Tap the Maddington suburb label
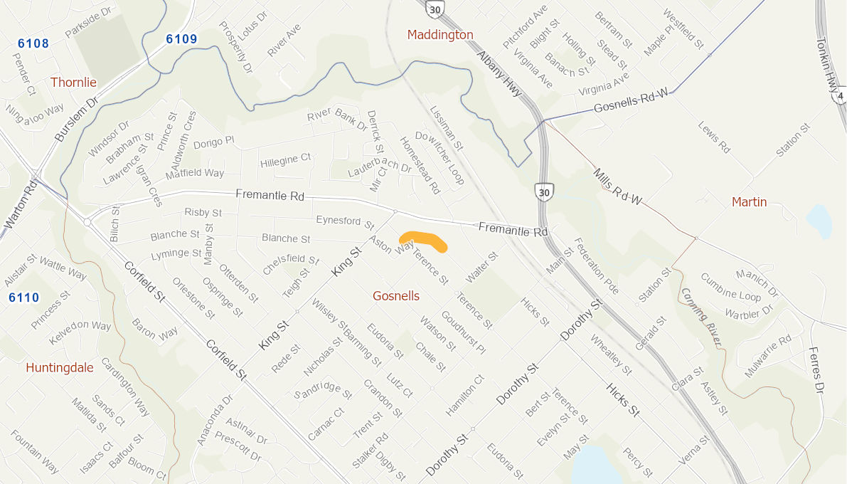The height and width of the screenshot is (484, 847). (x=440, y=35)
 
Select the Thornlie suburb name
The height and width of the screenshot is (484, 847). (x=73, y=83)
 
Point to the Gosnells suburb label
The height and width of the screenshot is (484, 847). (x=396, y=296)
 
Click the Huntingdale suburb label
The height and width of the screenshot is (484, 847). (x=60, y=368)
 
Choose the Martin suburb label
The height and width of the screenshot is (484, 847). (x=750, y=202)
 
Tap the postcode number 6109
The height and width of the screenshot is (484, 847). (x=181, y=39)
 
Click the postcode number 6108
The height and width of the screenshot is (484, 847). (x=33, y=43)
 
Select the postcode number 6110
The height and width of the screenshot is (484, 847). (x=24, y=298)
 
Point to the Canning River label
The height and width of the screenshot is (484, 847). (x=700, y=317)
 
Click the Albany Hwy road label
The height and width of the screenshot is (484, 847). (x=499, y=73)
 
